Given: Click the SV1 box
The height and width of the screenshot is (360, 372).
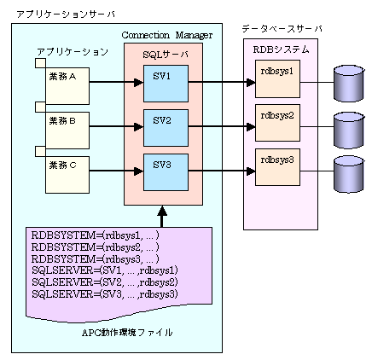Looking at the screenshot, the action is click(166, 84).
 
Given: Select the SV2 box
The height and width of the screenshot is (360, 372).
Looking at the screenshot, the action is click(166, 128).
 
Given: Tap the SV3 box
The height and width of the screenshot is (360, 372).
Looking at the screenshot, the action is click(166, 172).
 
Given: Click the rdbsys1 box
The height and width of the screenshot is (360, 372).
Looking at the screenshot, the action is click(277, 78).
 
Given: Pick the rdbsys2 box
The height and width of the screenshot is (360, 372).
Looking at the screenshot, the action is click(277, 123).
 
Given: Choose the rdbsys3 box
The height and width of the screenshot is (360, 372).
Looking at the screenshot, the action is click(277, 167).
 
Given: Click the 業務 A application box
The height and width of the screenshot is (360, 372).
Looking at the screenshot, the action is click(67, 86).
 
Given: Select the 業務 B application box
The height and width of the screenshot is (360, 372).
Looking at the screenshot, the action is click(67, 131).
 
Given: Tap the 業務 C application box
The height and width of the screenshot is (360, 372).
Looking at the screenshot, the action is click(67, 175).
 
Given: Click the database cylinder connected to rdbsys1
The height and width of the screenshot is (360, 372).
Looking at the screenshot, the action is click(349, 84).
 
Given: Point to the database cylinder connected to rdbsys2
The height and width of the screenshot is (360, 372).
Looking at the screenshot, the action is click(349, 131).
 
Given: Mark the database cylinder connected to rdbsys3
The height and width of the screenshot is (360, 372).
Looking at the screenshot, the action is click(349, 174).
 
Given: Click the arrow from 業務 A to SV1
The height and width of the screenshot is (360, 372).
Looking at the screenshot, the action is click(116, 83).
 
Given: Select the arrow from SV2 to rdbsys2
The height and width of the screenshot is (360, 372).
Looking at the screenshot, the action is click(222, 127).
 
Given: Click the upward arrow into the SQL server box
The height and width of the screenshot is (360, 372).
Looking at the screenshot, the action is click(162, 217).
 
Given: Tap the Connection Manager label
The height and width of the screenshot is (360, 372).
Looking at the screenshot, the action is click(167, 35).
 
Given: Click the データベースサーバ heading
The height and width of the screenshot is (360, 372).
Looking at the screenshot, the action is click(282, 29).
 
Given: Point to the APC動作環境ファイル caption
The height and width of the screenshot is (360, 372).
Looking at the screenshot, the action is click(127, 332).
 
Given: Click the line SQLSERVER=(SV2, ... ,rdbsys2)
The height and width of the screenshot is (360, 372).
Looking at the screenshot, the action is click(105, 282).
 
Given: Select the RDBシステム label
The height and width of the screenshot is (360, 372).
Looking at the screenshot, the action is click(281, 49).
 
